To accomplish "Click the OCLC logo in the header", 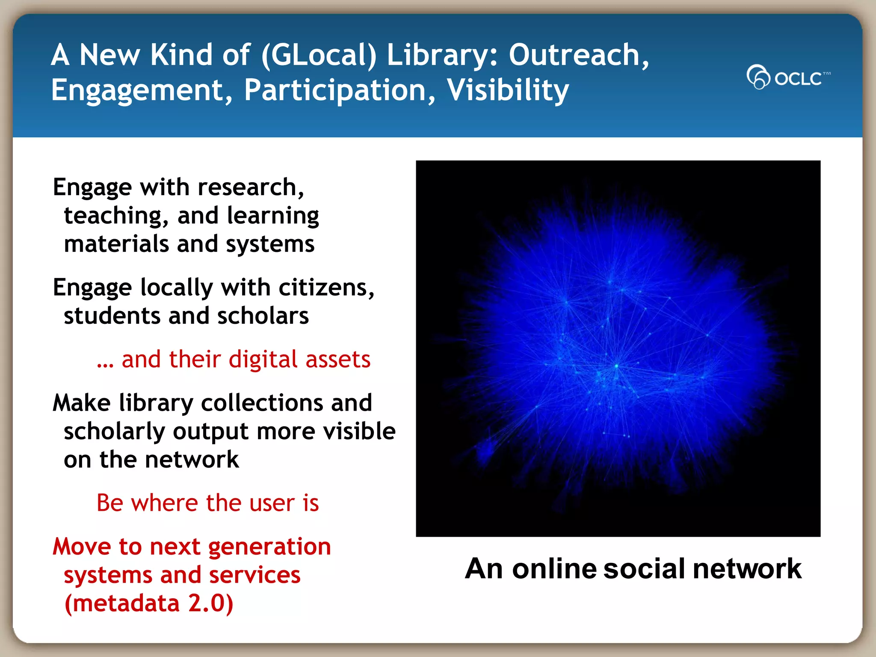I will click(788, 77).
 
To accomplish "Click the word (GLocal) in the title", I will click(319, 55).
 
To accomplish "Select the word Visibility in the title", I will click(508, 90).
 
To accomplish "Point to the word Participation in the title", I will click(340, 90).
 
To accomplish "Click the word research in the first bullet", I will click(251, 187).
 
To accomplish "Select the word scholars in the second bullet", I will click(263, 316).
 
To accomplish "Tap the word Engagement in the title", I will click(141, 90).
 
